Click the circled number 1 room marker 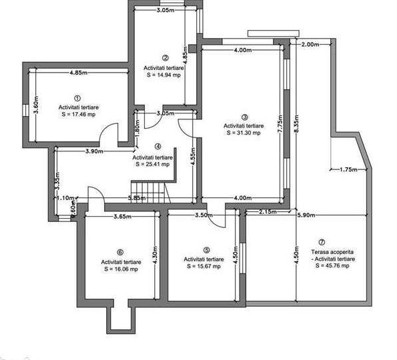pos(77,98)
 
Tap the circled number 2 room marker pos(165,58)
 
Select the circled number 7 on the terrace pos(322,242)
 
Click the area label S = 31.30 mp pos(244,133)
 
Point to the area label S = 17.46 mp pos(79,115)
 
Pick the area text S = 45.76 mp pos(332,265)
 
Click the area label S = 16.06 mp pos(121,269)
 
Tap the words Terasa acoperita pos(332,252)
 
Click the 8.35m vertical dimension pos(296,124)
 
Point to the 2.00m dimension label pos(310,45)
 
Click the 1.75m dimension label pos(348,169)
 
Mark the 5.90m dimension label pos(306,215)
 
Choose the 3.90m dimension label pos(94,151)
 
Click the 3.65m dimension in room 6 pos(123,217)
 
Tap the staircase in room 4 pos(151,192)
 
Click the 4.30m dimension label pos(155,255)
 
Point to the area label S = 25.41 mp pos(153,164)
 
